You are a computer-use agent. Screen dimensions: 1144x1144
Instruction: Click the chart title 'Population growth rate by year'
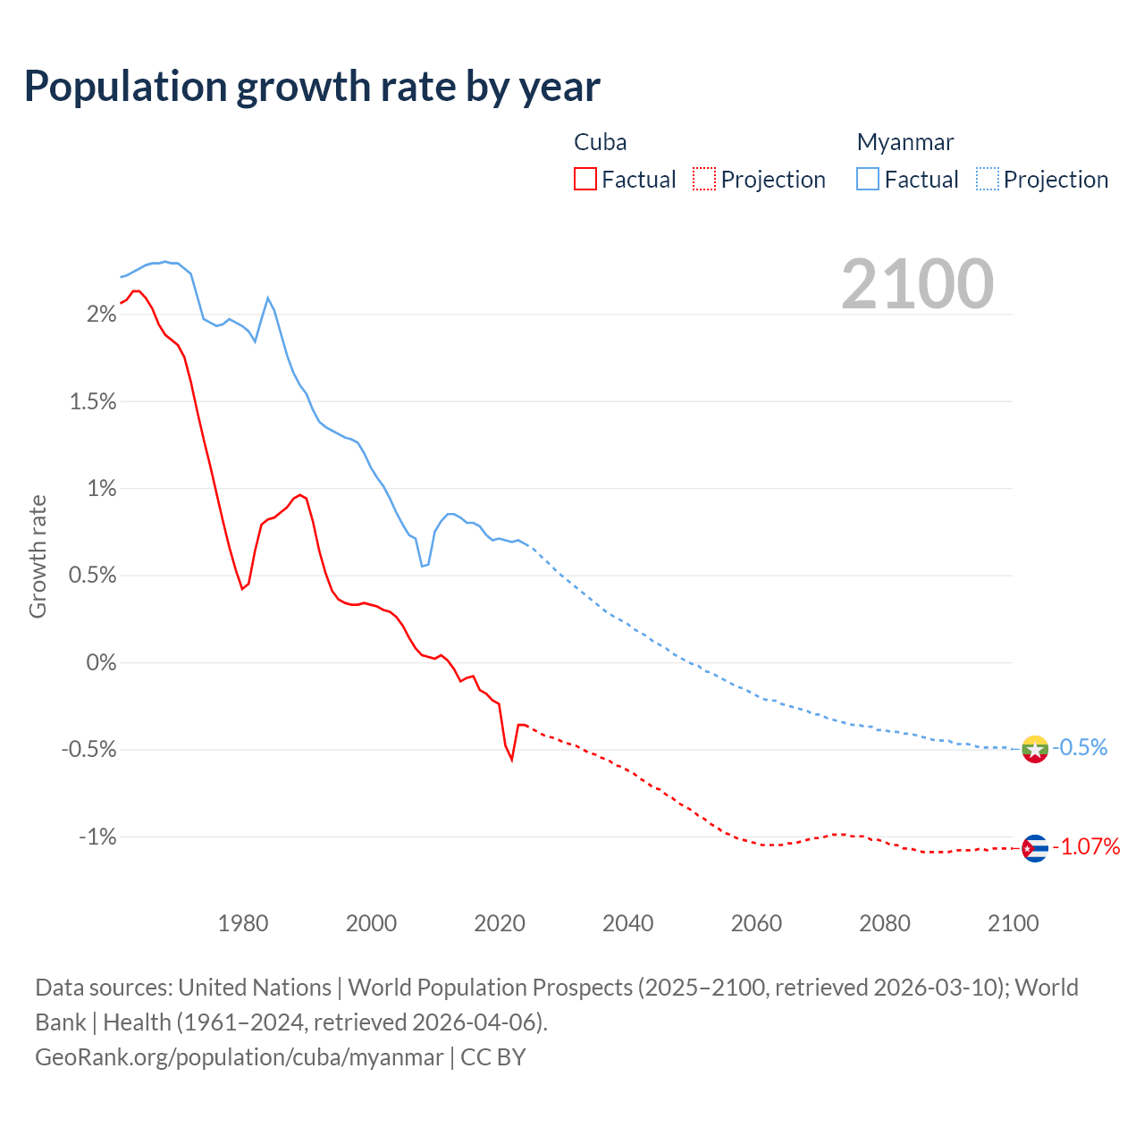pyautogui.click(x=312, y=87)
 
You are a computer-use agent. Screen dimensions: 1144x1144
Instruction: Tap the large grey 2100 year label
pyautogui.click(x=917, y=284)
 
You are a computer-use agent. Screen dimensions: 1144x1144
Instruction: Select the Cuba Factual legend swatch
pyautogui.click(x=585, y=180)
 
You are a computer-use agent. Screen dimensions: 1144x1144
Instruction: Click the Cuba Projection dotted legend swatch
pyautogui.click(x=704, y=180)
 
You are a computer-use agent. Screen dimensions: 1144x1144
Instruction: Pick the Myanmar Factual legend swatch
pyautogui.click(x=868, y=180)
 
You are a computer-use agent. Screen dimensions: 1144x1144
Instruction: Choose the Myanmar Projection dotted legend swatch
pyautogui.click(x=988, y=180)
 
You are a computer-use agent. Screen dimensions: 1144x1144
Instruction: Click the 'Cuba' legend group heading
pyautogui.click(x=600, y=142)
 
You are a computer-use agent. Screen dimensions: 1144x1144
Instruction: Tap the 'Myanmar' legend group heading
pyautogui.click(x=905, y=142)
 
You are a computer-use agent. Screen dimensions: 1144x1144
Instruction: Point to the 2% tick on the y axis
pyautogui.click(x=102, y=315)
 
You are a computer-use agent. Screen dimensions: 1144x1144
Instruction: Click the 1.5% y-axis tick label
pyautogui.click(x=93, y=402)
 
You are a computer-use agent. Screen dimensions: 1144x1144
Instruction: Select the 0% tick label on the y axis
pyautogui.click(x=102, y=663)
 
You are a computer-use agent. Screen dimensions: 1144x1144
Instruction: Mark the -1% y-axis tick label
pyautogui.click(x=97, y=837)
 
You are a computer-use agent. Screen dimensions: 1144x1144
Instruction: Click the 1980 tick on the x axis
pyautogui.click(x=243, y=923)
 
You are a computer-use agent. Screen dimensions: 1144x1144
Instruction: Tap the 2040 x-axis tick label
pyautogui.click(x=628, y=923)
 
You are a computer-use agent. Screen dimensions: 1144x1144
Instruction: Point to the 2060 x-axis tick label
pyautogui.click(x=756, y=923)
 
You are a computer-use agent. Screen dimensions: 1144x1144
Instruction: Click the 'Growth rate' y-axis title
pyautogui.click(x=38, y=556)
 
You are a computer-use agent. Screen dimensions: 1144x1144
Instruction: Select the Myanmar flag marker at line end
pyautogui.click(x=1035, y=749)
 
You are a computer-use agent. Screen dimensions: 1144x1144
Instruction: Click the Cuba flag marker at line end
pyautogui.click(x=1035, y=848)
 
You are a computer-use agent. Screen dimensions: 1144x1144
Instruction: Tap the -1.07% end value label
pyautogui.click(x=1086, y=847)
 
